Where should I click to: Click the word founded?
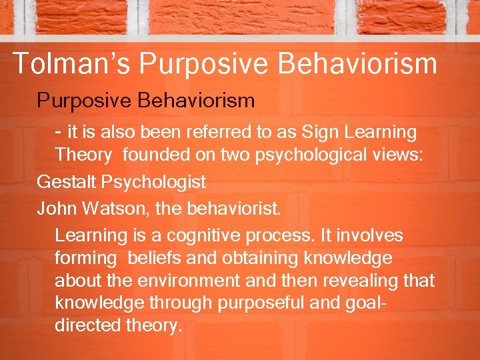[x=155, y=155]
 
